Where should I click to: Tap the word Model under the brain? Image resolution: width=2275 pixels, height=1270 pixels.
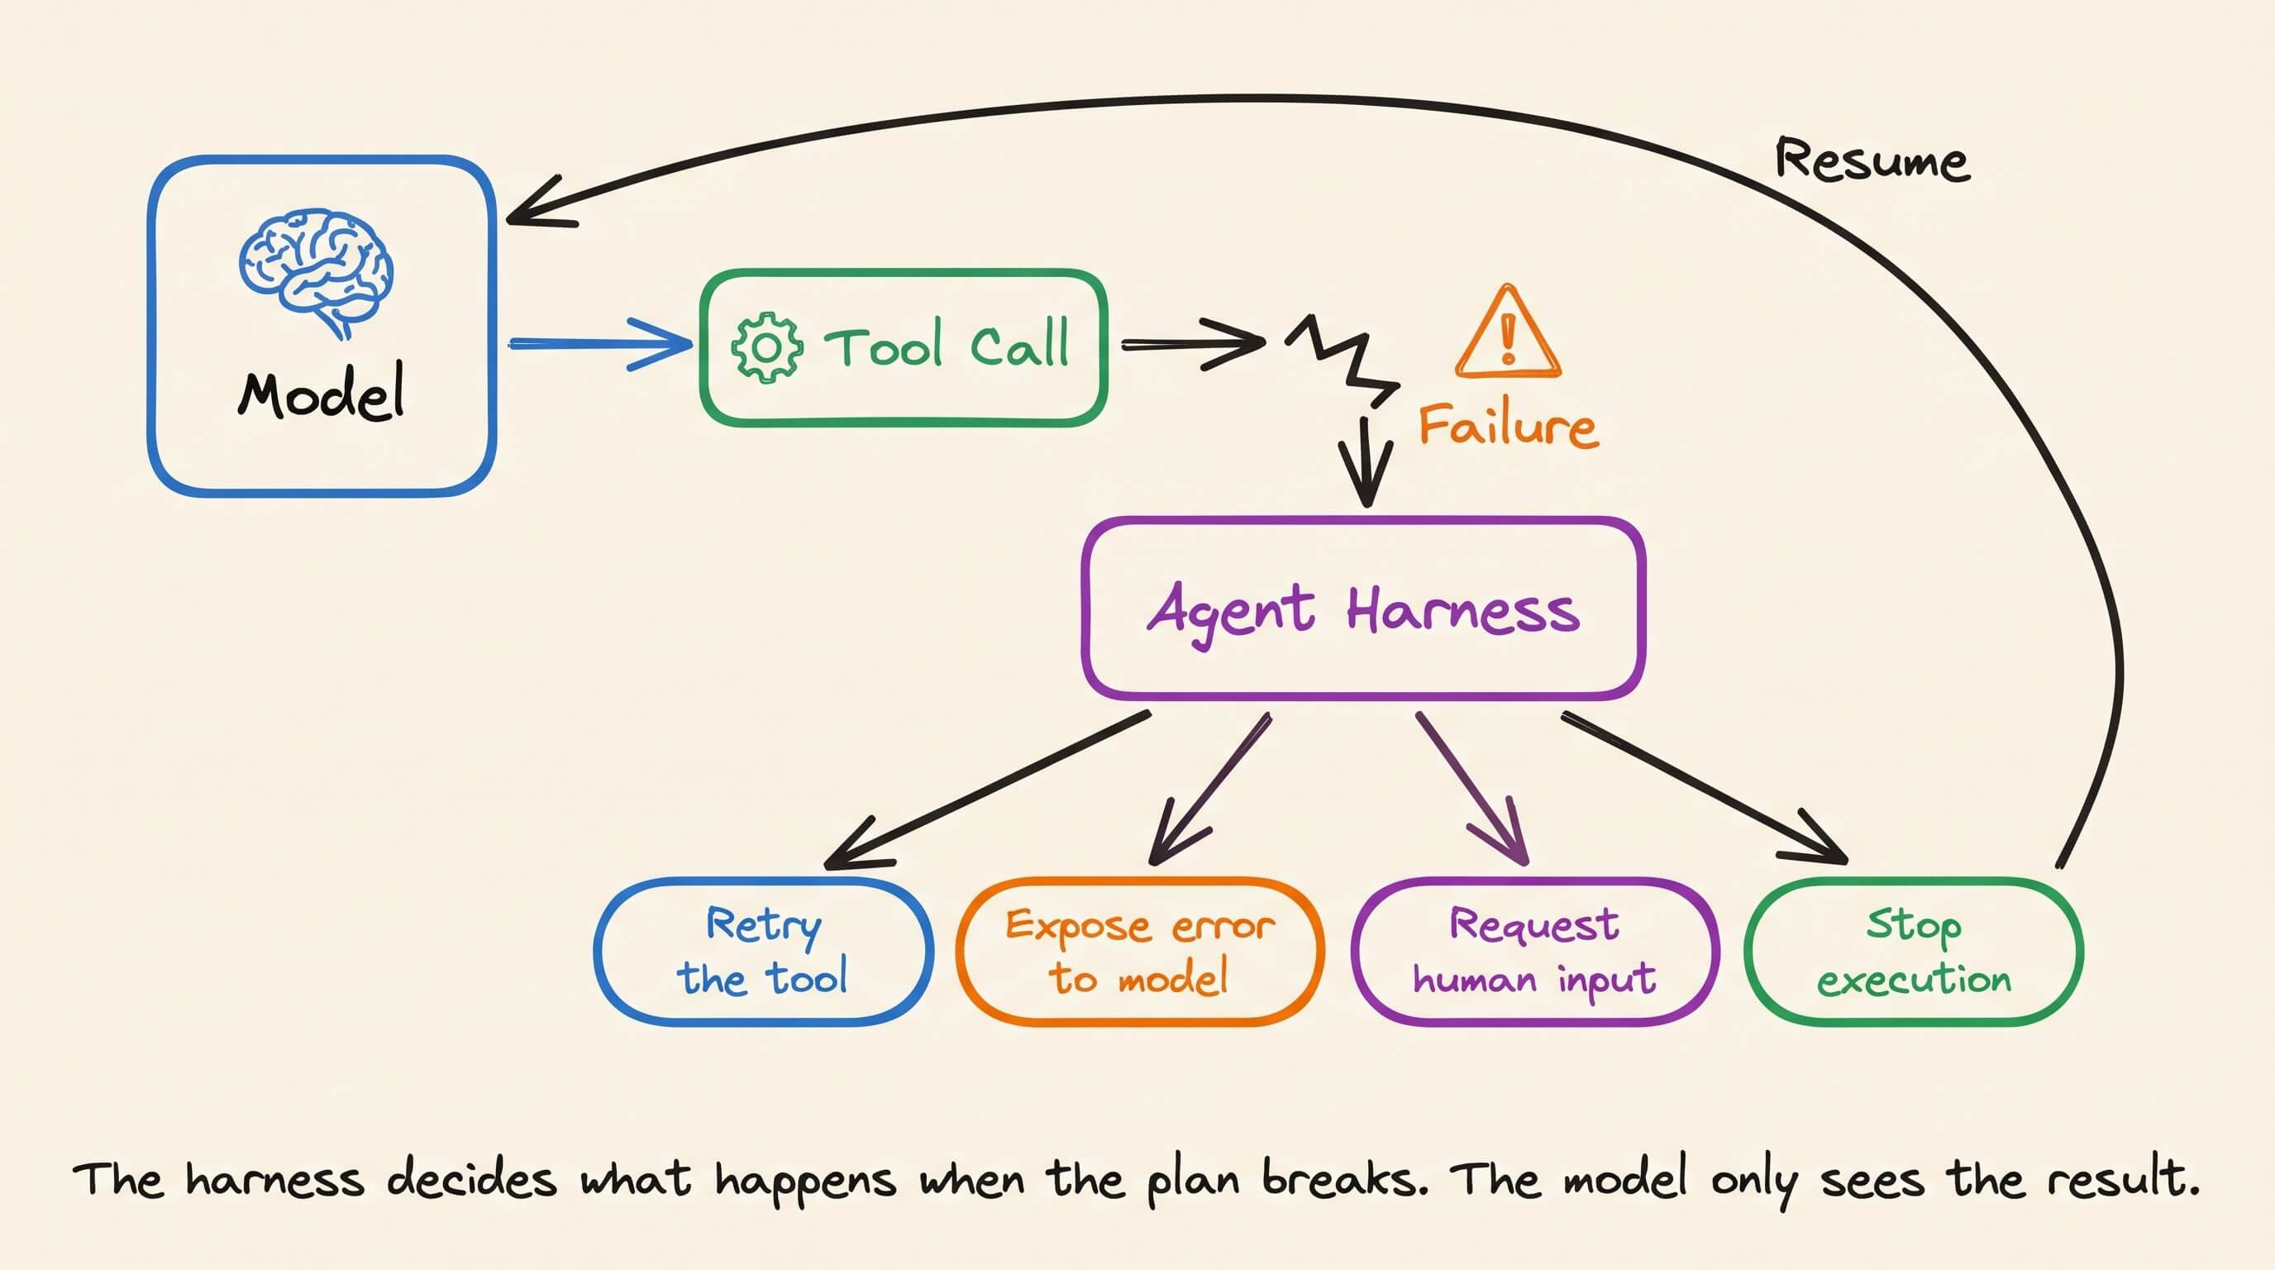(322, 392)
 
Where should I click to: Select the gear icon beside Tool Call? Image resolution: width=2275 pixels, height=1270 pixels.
(766, 347)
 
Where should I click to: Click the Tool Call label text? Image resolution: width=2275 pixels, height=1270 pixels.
(947, 345)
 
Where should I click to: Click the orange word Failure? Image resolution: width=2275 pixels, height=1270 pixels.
(1509, 426)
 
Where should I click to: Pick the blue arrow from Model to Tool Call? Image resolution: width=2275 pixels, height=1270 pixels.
(600, 344)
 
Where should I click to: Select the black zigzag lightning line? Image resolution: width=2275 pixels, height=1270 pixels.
(1343, 360)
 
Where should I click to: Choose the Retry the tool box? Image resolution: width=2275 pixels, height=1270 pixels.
(763, 951)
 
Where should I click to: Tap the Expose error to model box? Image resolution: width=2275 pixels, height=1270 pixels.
(1139, 951)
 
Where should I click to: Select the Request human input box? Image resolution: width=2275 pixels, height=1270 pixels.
(1535, 951)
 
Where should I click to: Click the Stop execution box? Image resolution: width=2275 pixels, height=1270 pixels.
(1914, 951)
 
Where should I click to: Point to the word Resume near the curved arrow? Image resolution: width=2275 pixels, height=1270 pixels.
(1872, 160)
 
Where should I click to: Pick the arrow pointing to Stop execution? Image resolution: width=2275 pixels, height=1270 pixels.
(1705, 788)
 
